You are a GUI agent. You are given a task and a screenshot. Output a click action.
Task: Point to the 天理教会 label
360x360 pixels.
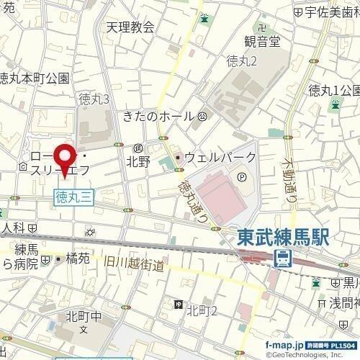tap(130, 27)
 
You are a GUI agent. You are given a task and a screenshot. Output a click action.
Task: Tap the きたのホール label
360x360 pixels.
tap(158, 116)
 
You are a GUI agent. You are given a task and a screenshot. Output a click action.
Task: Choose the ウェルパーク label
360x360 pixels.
tap(220, 157)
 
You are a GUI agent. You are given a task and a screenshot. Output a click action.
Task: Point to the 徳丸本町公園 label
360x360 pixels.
tap(34, 77)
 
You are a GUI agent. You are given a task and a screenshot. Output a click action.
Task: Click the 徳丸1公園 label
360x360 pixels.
tap(333, 90)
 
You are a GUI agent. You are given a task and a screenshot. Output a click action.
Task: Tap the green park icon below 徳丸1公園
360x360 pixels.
tap(335, 106)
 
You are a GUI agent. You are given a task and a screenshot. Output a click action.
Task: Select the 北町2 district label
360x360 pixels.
tap(202, 310)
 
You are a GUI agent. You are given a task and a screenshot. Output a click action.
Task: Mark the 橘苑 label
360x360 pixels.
tap(77, 257)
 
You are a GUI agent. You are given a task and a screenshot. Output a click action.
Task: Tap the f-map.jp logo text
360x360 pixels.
tap(284, 344)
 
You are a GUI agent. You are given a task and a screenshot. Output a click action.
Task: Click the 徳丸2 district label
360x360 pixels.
tap(241, 60)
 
